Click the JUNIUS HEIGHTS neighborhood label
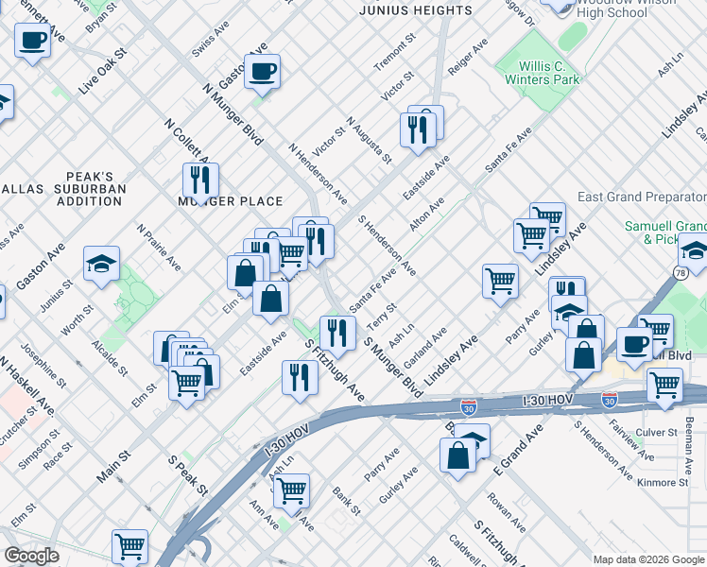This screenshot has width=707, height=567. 416,10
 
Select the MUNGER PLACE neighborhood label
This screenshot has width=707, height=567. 231,201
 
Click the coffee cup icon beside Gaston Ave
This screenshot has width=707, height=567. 262,70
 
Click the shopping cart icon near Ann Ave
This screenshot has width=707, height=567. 291,490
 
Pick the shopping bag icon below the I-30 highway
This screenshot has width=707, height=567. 457,455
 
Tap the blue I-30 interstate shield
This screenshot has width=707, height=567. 469,406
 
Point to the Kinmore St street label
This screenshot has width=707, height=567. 664,482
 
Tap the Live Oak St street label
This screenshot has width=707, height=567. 103,73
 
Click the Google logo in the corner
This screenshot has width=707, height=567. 32,556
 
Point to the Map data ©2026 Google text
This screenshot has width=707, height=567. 647,559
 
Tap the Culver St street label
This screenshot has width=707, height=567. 657,432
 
